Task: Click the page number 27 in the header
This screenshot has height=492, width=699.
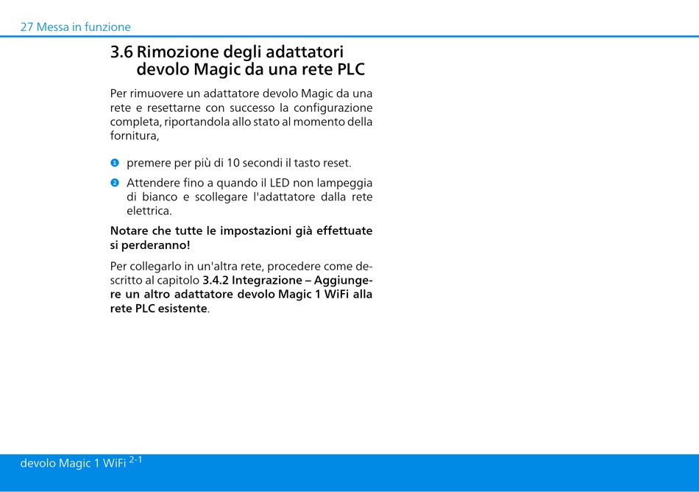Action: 26,27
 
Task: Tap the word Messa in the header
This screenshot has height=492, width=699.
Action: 52,27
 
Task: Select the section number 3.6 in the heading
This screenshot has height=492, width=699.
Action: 121,52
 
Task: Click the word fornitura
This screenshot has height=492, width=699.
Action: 135,136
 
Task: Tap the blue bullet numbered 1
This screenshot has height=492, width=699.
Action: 115,163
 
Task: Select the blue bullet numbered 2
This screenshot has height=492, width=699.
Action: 115,183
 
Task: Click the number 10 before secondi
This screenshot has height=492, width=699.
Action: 233,164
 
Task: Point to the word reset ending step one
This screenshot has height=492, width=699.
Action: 337,164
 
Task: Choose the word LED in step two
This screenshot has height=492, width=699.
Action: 280,183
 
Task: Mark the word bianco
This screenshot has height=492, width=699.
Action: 160,197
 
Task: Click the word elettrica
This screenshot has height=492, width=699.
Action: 149,211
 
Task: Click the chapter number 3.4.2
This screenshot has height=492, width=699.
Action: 216,281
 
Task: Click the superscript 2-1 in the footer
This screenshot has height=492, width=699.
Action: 135,460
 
